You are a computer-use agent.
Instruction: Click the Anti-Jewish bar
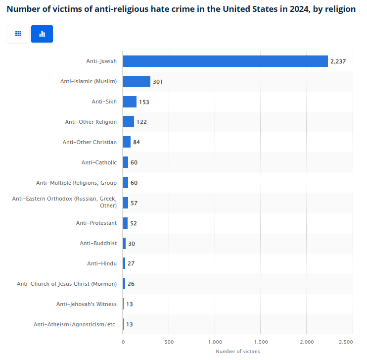[x=225, y=61]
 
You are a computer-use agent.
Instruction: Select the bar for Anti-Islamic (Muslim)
[x=137, y=81]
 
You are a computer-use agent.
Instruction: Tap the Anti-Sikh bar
[x=130, y=102]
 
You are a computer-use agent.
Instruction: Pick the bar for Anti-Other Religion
[x=129, y=122]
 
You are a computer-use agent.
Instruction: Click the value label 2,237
[x=339, y=61]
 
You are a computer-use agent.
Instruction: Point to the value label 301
[x=158, y=82]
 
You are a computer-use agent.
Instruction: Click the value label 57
[x=134, y=203]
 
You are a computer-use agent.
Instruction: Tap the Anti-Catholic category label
[x=99, y=162]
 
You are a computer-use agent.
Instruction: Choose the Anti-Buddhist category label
[x=98, y=243]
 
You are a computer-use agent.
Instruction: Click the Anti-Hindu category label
[x=102, y=263]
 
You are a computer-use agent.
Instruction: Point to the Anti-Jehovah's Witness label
[x=87, y=304]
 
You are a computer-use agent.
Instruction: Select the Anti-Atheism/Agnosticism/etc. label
[x=75, y=324]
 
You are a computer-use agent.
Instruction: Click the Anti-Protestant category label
[x=96, y=223]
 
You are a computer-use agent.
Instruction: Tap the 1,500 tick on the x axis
[x=261, y=342]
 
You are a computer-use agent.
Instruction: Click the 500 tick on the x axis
[x=169, y=342]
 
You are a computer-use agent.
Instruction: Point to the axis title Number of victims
[x=237, y=352]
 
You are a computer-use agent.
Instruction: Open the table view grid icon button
[x=18, y=34]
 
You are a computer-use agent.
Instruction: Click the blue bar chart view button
[x=42, y=34]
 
